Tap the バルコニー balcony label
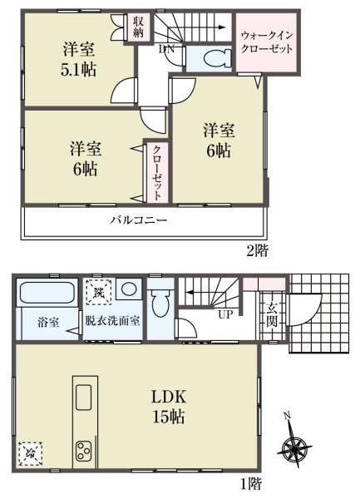coord(140,221)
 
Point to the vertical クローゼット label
coord(156,170)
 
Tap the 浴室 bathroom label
coord(47,321)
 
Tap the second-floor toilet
coord(207,57)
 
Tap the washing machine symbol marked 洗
coord(98,292)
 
